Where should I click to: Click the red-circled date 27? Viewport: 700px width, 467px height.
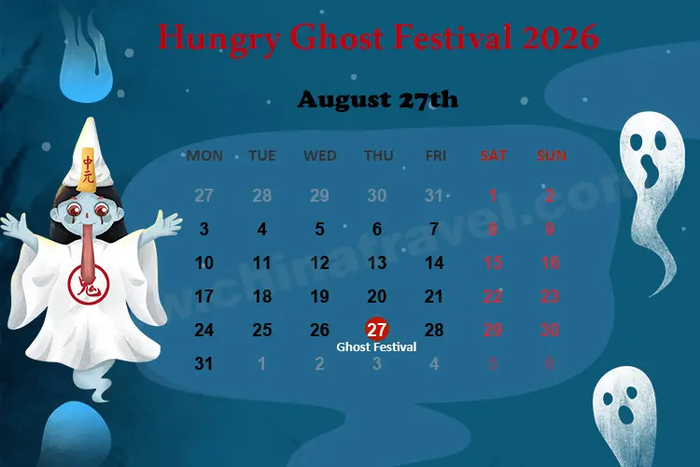(377, 330)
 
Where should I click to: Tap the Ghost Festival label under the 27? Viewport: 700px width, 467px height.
(376, 347)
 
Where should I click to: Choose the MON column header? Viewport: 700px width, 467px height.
(204, 156)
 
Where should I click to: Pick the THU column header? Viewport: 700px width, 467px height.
(378, 156)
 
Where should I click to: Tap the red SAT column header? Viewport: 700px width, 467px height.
(494, 156)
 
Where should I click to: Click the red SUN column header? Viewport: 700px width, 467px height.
(551, 156)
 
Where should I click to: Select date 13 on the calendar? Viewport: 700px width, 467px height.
(377, 263)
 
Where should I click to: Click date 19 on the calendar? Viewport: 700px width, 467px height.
(319, 297)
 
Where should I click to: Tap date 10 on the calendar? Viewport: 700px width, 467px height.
(204, 263)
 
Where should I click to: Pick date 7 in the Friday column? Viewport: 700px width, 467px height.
(434, 229)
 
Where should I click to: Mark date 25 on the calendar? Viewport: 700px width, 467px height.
(262, 330)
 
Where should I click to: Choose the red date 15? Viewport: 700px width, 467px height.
(494, 263)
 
